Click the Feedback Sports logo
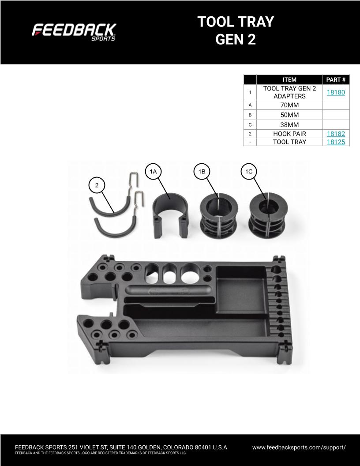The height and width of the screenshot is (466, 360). tap(74, 32)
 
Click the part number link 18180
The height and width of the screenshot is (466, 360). tap(336, 92)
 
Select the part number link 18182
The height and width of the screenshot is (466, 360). tap(336, 134)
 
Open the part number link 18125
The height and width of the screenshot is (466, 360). tap(336, 142)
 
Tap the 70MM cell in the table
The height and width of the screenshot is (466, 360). tap(289, 105)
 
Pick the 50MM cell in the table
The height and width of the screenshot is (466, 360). tap(289, 115)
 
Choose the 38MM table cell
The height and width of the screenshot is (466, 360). tap(289, 125)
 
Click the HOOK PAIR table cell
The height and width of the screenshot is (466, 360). tap(289, 134)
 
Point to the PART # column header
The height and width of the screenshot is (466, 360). tap(336, 79)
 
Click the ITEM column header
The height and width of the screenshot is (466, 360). tap(289, 79)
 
